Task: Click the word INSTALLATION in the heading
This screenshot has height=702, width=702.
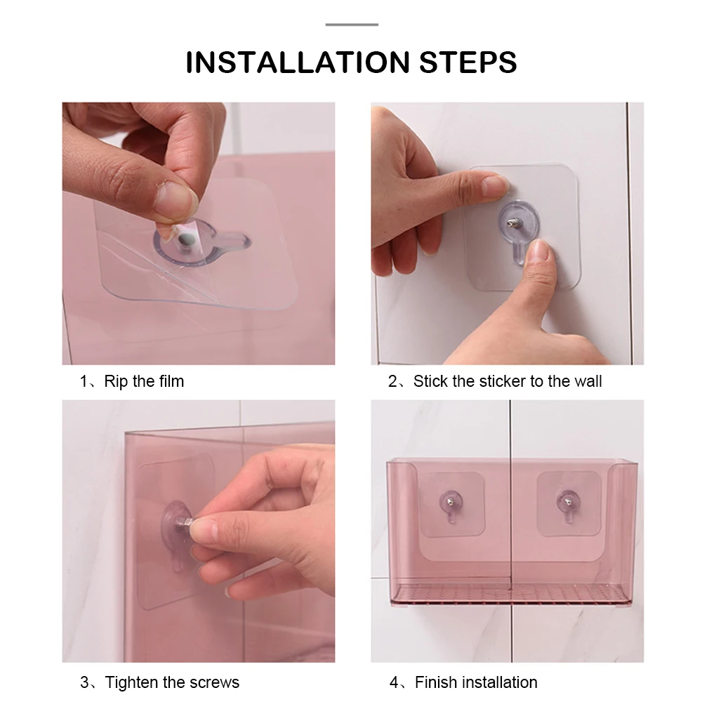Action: coord(298,62)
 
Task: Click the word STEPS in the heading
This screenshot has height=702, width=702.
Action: coord(468,62)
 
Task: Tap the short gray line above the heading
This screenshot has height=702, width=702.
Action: coord(352,24)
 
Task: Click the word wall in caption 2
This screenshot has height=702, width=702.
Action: coord(588,381)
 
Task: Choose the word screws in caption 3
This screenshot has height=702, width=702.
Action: coord(214,683)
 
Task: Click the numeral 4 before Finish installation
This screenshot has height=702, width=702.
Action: coord(394,682)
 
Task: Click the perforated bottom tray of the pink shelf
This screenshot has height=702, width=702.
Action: coord(510,594)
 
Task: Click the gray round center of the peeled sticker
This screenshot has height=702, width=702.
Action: coord(185,240)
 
